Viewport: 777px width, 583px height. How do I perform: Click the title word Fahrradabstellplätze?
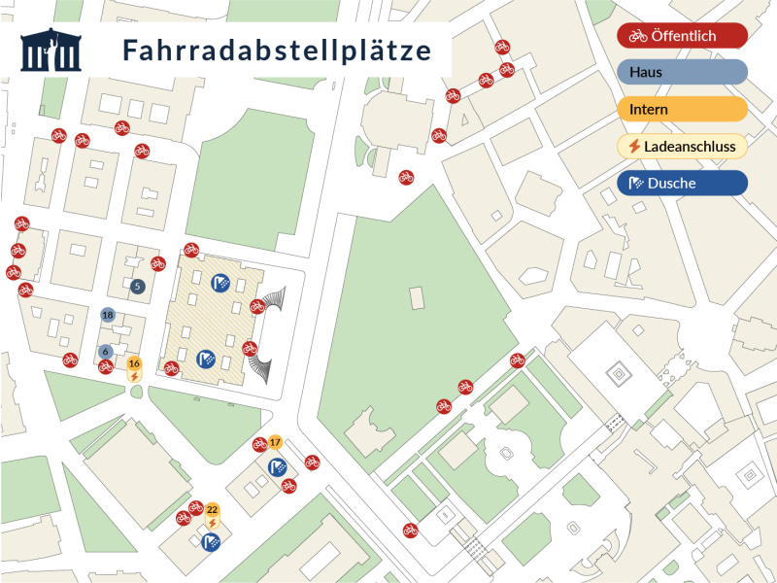point(277,51)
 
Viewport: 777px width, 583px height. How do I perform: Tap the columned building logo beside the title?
point(51,51)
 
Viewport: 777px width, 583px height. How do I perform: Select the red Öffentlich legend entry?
point(682,36)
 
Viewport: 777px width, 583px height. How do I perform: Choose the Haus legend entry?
point(682,72)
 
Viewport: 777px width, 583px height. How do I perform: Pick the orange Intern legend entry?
point(682,109)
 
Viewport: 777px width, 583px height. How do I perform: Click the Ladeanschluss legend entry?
point(682,146)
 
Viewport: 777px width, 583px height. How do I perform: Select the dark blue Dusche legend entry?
point(682,183)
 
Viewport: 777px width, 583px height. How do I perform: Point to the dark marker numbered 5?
point(137,286)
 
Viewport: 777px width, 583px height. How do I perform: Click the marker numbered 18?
point(108,315)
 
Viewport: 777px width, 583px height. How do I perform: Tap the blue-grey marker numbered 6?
point(106,352)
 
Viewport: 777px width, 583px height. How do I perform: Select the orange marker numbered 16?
point(134,363)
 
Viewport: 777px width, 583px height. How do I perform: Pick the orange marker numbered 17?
point(275,442)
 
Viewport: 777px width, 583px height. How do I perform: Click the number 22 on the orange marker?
point(212,510)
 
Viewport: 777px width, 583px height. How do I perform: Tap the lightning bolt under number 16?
point(134,376)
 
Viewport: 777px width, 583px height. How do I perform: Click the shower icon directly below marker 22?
point(211,542)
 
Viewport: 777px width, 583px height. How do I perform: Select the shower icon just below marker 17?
point(277,466)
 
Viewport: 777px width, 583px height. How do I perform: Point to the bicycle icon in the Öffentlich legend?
point(637,36)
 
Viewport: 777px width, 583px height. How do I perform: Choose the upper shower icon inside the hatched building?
point(221,283)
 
